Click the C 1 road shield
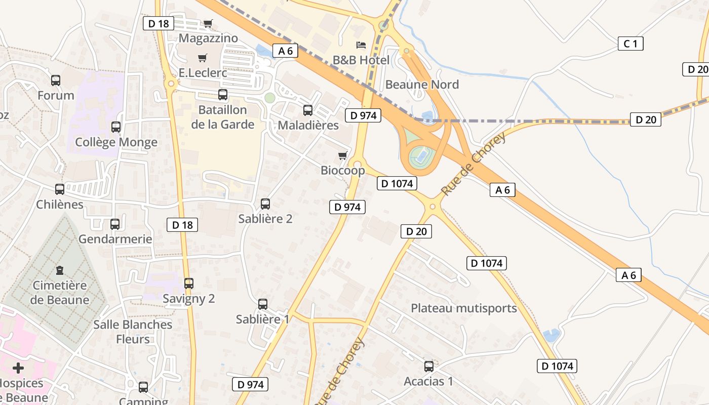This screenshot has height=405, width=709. (631, 44)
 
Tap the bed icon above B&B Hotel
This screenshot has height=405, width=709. (361, 45)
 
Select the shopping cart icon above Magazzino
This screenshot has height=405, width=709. (208, 23)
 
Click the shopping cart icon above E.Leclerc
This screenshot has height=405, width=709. (203, 58)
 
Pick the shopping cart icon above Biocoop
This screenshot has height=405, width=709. (343, 155)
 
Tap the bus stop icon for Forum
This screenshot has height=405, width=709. (56, 80)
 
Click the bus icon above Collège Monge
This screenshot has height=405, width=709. (116, 127)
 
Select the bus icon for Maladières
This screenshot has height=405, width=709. (308, 110)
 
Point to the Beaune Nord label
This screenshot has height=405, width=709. (422, 84)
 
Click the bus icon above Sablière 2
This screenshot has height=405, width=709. (265, 204)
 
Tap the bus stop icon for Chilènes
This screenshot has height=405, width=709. (60, 189)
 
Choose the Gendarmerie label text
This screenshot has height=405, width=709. (115, 239)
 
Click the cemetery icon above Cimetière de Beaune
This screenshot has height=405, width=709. (60, 270)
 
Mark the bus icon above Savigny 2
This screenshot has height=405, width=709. (189, 283)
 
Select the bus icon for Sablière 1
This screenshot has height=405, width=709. (263, 304)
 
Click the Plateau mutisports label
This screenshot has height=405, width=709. (463, 308)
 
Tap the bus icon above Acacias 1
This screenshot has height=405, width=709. (429, 366)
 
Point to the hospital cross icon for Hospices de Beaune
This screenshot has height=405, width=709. (18, 368)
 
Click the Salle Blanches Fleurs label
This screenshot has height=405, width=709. (133, 332)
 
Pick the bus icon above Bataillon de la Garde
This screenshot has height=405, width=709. (223, 95)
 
